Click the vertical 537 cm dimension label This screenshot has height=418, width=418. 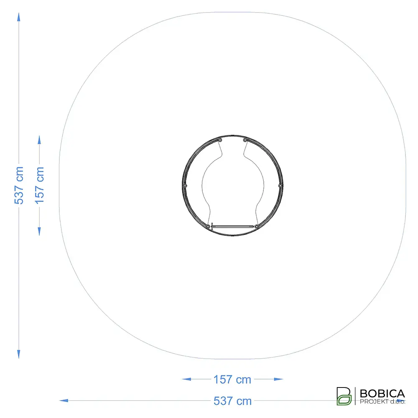[x=19, y=186]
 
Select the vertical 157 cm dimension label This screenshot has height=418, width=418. [x=39, y=186]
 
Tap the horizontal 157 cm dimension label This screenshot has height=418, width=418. [x=232, y=380]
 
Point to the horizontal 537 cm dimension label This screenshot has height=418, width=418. [x=232, y=401]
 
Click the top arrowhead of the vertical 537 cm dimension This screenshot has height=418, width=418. [x=19, y=17]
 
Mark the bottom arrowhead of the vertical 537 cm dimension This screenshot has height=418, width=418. [x=19, y=354]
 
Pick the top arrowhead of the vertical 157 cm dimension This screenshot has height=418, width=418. [x=39, y=140]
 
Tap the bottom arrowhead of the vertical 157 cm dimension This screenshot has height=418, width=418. [x=39, y=232]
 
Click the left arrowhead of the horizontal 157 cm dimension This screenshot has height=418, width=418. [x=186, y=379]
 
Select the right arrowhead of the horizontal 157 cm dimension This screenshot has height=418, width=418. [x=278, y=379]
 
